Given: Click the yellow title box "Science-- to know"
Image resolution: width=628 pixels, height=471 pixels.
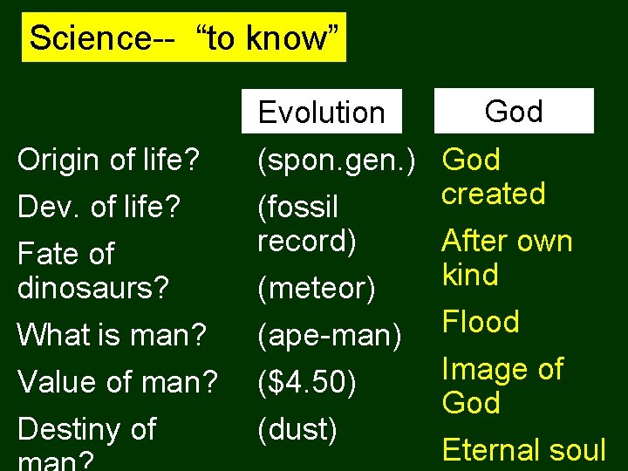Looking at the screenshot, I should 183,38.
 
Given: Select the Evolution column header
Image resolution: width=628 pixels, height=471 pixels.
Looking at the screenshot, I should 321,112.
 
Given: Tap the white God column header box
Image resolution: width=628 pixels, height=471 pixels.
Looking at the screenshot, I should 514,111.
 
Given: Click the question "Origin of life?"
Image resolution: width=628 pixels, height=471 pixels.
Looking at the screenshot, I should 109,160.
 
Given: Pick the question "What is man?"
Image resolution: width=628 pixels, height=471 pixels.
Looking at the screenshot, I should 111,334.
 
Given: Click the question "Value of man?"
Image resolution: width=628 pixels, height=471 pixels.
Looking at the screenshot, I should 117,381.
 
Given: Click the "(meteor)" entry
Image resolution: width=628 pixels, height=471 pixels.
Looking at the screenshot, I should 317,289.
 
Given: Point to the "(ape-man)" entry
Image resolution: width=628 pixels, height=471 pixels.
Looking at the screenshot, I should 331,334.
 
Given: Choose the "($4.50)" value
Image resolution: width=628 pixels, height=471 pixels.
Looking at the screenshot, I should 307,381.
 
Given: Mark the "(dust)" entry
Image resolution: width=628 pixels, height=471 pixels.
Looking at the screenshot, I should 297,428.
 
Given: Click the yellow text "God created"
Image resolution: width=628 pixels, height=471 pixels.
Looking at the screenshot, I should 493,176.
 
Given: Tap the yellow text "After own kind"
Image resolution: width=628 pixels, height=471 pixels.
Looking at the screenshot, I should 507,257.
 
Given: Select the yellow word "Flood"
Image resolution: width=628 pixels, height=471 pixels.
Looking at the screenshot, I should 481,322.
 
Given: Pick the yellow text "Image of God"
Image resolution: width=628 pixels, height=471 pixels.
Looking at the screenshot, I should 502,386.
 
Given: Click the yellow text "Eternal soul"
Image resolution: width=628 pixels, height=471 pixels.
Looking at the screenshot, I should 523,450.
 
